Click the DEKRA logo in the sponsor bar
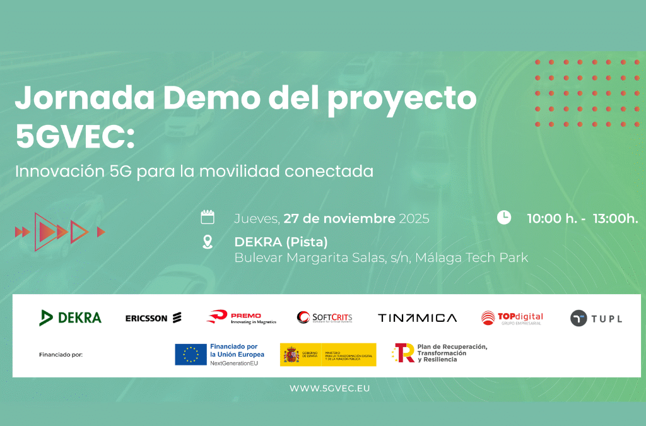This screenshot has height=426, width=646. (x=70, y=317)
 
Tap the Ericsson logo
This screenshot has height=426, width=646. (x=153, y=317)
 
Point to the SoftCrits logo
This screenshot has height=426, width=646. (x=324, y=317)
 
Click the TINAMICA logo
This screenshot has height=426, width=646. (x=417, y=318)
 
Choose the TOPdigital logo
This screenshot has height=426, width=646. (x=512, y=318)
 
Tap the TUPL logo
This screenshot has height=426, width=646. (x=596, y=318)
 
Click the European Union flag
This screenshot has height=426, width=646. (x=191, y=355)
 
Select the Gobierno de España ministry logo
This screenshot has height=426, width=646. (x=328, y=355)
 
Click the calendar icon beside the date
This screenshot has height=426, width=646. (x=208, y=218)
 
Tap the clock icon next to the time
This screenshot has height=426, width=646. (x=504, y=218)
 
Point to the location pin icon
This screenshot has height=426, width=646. (x=208, y=242)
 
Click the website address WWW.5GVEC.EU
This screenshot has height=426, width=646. (x=330, y=388)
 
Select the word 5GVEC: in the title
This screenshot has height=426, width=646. (x=75, y=136)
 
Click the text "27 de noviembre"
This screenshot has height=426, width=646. (x=339, y=218)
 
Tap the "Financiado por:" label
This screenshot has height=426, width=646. (x=61, y=355)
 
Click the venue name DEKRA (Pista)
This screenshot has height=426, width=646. (x=281, y=242)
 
